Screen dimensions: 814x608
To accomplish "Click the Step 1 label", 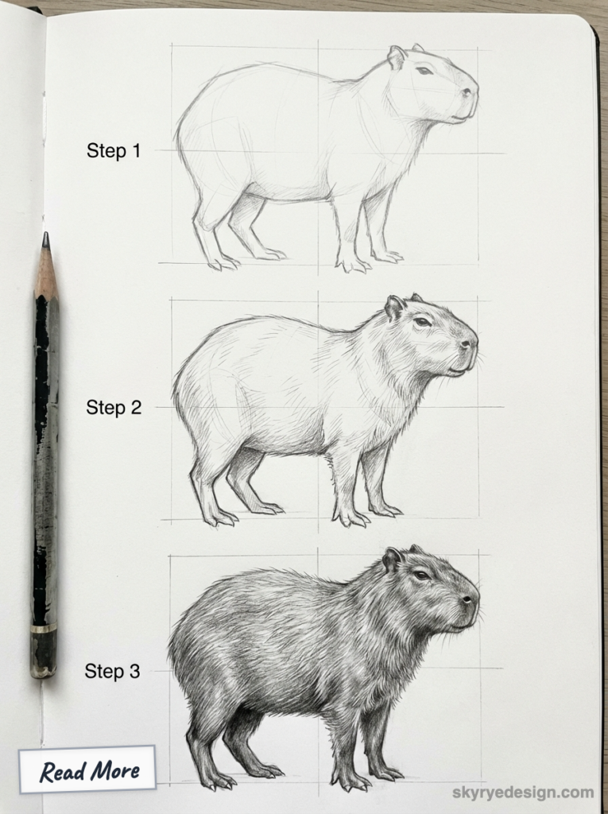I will (x=113, y=151).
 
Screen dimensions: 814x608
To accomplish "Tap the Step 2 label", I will (x=113, y=408).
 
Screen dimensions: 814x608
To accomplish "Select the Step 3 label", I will (x=112, y=672).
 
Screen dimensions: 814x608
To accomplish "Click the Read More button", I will (x=87, y=769).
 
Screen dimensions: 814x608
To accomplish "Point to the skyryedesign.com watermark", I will (x=523, y=792).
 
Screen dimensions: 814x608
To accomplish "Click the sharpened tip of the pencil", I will (x=45, y=238).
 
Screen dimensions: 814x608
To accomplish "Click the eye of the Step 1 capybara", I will (x=424, y=71).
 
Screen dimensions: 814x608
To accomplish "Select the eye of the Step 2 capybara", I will (x=422, y=322).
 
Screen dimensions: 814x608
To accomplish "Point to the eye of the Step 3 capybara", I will (x=421, y=575).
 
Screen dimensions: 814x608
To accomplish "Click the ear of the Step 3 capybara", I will (x=392, y=560).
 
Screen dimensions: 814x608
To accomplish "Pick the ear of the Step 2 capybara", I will (x=394, y=307).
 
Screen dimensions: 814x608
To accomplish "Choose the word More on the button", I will (x=113, y=769).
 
